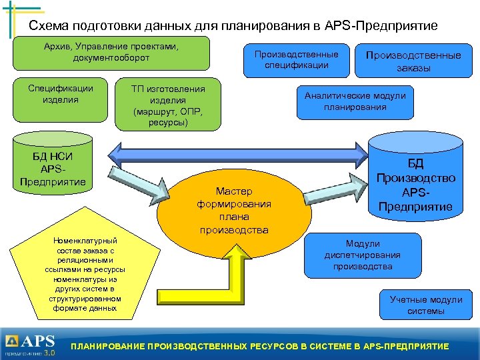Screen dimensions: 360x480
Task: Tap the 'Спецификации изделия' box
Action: coord(61,99)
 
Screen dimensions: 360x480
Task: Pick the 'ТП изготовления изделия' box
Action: coord(168,105)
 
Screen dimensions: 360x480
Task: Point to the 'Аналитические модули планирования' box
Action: coord(355,101)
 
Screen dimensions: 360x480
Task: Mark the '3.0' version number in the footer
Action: coord(49,353)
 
